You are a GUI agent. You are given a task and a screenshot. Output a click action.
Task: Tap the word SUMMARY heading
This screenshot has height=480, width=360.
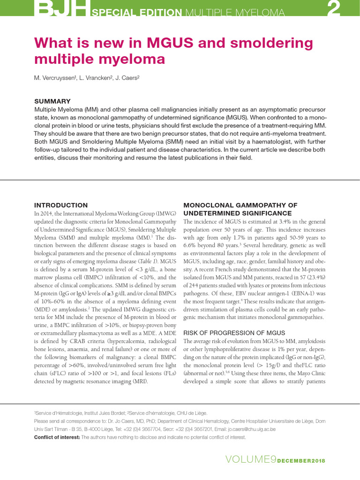tap(52, 101)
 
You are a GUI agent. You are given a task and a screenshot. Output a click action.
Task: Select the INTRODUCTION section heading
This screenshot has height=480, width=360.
tap(61, 205)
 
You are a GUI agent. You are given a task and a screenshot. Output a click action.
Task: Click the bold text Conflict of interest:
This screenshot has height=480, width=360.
tap(57, 437)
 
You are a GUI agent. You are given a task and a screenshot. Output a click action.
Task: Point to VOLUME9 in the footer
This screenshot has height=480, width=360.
tap(250, 460)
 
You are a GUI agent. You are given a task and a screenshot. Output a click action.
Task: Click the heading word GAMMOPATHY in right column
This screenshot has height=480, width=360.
tap(258, 205)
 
